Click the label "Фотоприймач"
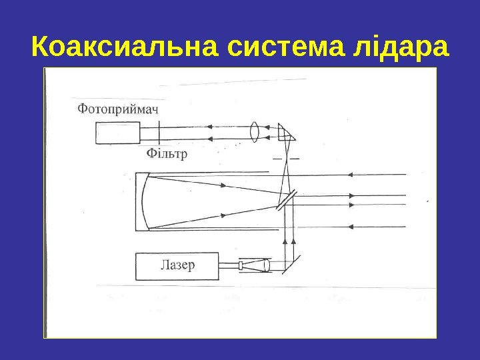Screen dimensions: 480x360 (x=119, y=109)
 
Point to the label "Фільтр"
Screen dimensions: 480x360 (x=166, y=154)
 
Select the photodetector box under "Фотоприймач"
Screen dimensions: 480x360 (x=117, y=133)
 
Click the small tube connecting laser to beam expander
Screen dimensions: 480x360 (x=229, y=266)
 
